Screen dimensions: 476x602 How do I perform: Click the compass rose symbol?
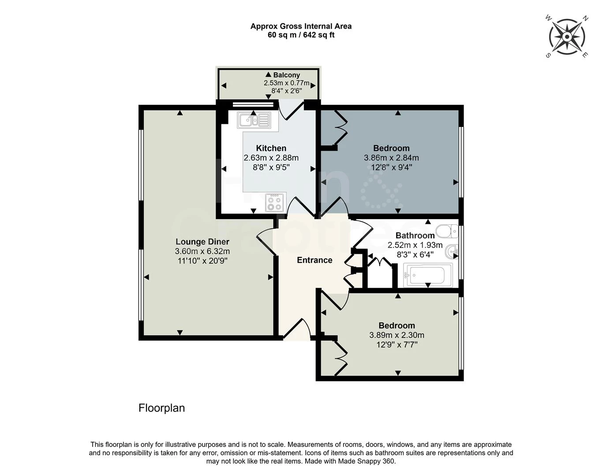click(x=567, y=37)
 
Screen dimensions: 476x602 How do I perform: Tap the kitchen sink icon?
click(x=254, y=120)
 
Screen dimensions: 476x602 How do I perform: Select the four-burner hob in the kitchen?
click(x=275, y=203)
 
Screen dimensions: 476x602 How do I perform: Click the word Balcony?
click(x=286, y=75)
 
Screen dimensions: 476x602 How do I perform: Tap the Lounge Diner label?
click(x=202, y=242)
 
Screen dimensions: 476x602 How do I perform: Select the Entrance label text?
click(x=314, y=260)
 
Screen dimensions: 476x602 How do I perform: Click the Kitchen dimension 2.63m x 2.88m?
click(x=271, y=158)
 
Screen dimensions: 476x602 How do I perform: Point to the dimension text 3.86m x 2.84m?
click(x=391, y=158)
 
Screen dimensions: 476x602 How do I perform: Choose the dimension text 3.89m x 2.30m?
click(x=396, y=335)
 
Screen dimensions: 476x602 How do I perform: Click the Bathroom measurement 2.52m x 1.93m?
click(x=415, y=245)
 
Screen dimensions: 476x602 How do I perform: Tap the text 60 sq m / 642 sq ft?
click(x=301, y=35)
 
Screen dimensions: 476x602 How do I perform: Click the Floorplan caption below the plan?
click(x=161, y=408)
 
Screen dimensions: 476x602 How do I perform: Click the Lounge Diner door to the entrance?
click(x=266, y=240)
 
